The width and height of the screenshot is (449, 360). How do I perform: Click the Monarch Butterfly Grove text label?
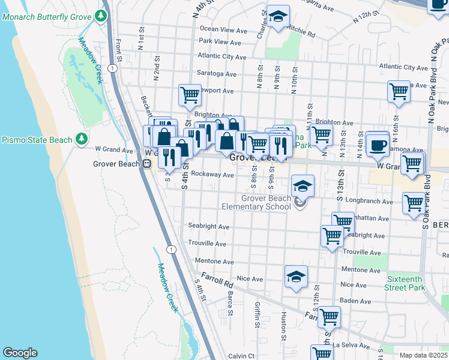coord(47,16)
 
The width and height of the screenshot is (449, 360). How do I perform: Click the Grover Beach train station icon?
coord(146,163)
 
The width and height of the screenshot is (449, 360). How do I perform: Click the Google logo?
coord(20,353)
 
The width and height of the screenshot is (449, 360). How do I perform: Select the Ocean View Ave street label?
coord(223,29)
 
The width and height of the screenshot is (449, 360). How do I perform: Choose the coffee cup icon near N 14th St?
coord(378,144)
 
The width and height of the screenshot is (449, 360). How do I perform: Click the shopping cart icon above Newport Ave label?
coord(190,94)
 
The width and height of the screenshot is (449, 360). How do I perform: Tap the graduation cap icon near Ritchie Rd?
coord(278,16)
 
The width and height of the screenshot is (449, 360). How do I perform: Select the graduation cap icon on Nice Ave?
coord(296,277)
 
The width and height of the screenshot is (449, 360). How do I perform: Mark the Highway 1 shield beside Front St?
coord(112,69)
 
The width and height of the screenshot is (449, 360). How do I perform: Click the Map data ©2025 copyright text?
coord(424,355)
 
